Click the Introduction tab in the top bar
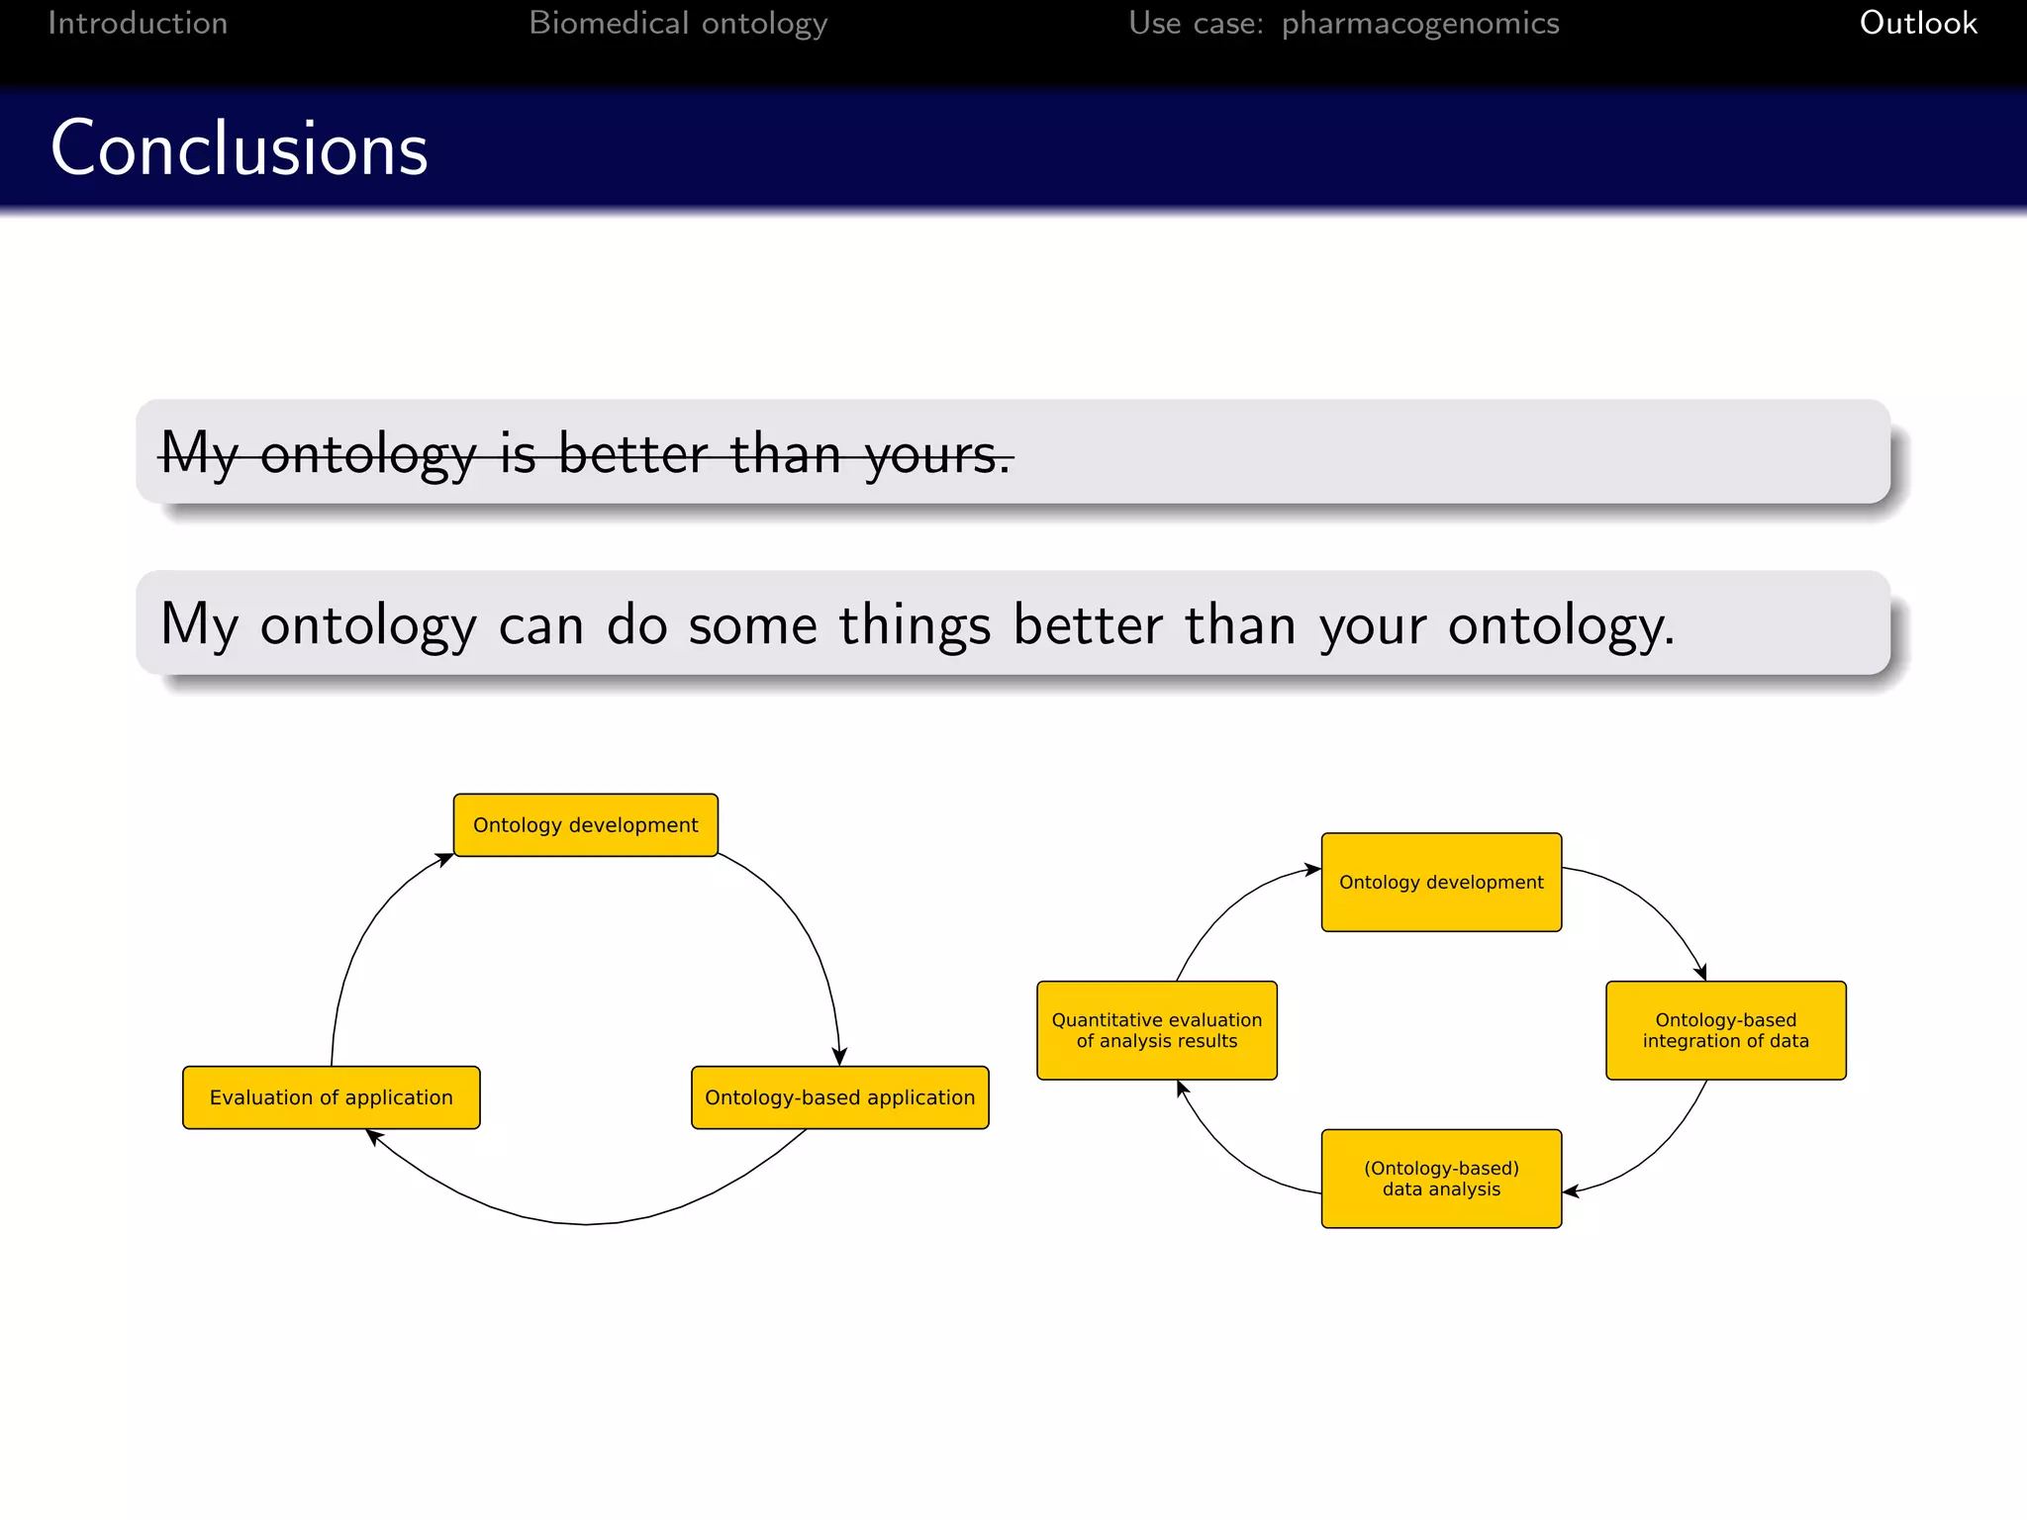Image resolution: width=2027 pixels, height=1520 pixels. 138,23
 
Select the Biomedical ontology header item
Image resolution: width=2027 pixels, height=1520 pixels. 678,23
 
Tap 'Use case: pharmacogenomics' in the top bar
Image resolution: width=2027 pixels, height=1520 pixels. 1343,23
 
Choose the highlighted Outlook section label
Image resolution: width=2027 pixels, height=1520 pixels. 1917,23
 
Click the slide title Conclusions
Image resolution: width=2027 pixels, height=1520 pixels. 239,148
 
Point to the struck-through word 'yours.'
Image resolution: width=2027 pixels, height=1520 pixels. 937,454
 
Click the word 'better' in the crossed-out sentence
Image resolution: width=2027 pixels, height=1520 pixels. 632,454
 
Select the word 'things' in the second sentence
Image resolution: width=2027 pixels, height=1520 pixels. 915,625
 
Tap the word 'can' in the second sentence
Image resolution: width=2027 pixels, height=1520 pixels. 540,625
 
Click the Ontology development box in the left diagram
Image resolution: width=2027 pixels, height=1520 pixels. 585,824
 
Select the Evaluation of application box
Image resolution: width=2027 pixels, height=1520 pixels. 331,1097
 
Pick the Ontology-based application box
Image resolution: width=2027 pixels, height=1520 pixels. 839,1097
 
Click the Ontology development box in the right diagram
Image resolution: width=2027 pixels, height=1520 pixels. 1441,882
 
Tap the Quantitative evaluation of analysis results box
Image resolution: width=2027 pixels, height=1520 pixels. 1156,1030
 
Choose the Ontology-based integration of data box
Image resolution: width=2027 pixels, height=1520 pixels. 1725,1030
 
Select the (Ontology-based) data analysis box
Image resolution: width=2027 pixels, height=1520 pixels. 1441,1179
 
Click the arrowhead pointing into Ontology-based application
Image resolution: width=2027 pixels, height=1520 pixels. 839,1057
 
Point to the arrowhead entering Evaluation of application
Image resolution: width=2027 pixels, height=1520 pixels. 374,1137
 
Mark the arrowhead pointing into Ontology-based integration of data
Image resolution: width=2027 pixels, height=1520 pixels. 1700,973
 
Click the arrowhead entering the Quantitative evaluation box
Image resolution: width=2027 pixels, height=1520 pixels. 1182,1089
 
